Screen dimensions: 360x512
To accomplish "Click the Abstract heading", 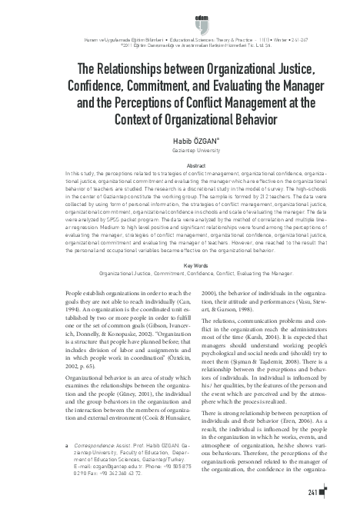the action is (179, 166).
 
